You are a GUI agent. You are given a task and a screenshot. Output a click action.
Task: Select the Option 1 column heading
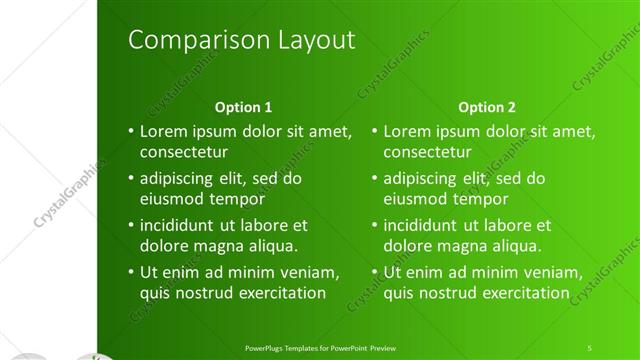click(x=244, y=107)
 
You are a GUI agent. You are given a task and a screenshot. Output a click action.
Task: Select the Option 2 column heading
click(x=487, y=107)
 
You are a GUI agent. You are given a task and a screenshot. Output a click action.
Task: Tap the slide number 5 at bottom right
click(x=590, y=347)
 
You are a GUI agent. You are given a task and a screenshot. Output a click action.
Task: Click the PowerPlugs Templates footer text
click(x=320, y=347)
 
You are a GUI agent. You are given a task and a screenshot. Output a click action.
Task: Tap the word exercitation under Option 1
click(x=281, y=293)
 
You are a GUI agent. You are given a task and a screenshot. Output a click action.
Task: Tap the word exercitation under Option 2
click(x=525, y=293)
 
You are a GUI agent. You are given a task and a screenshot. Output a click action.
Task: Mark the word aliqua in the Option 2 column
click(x=514, y=246)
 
